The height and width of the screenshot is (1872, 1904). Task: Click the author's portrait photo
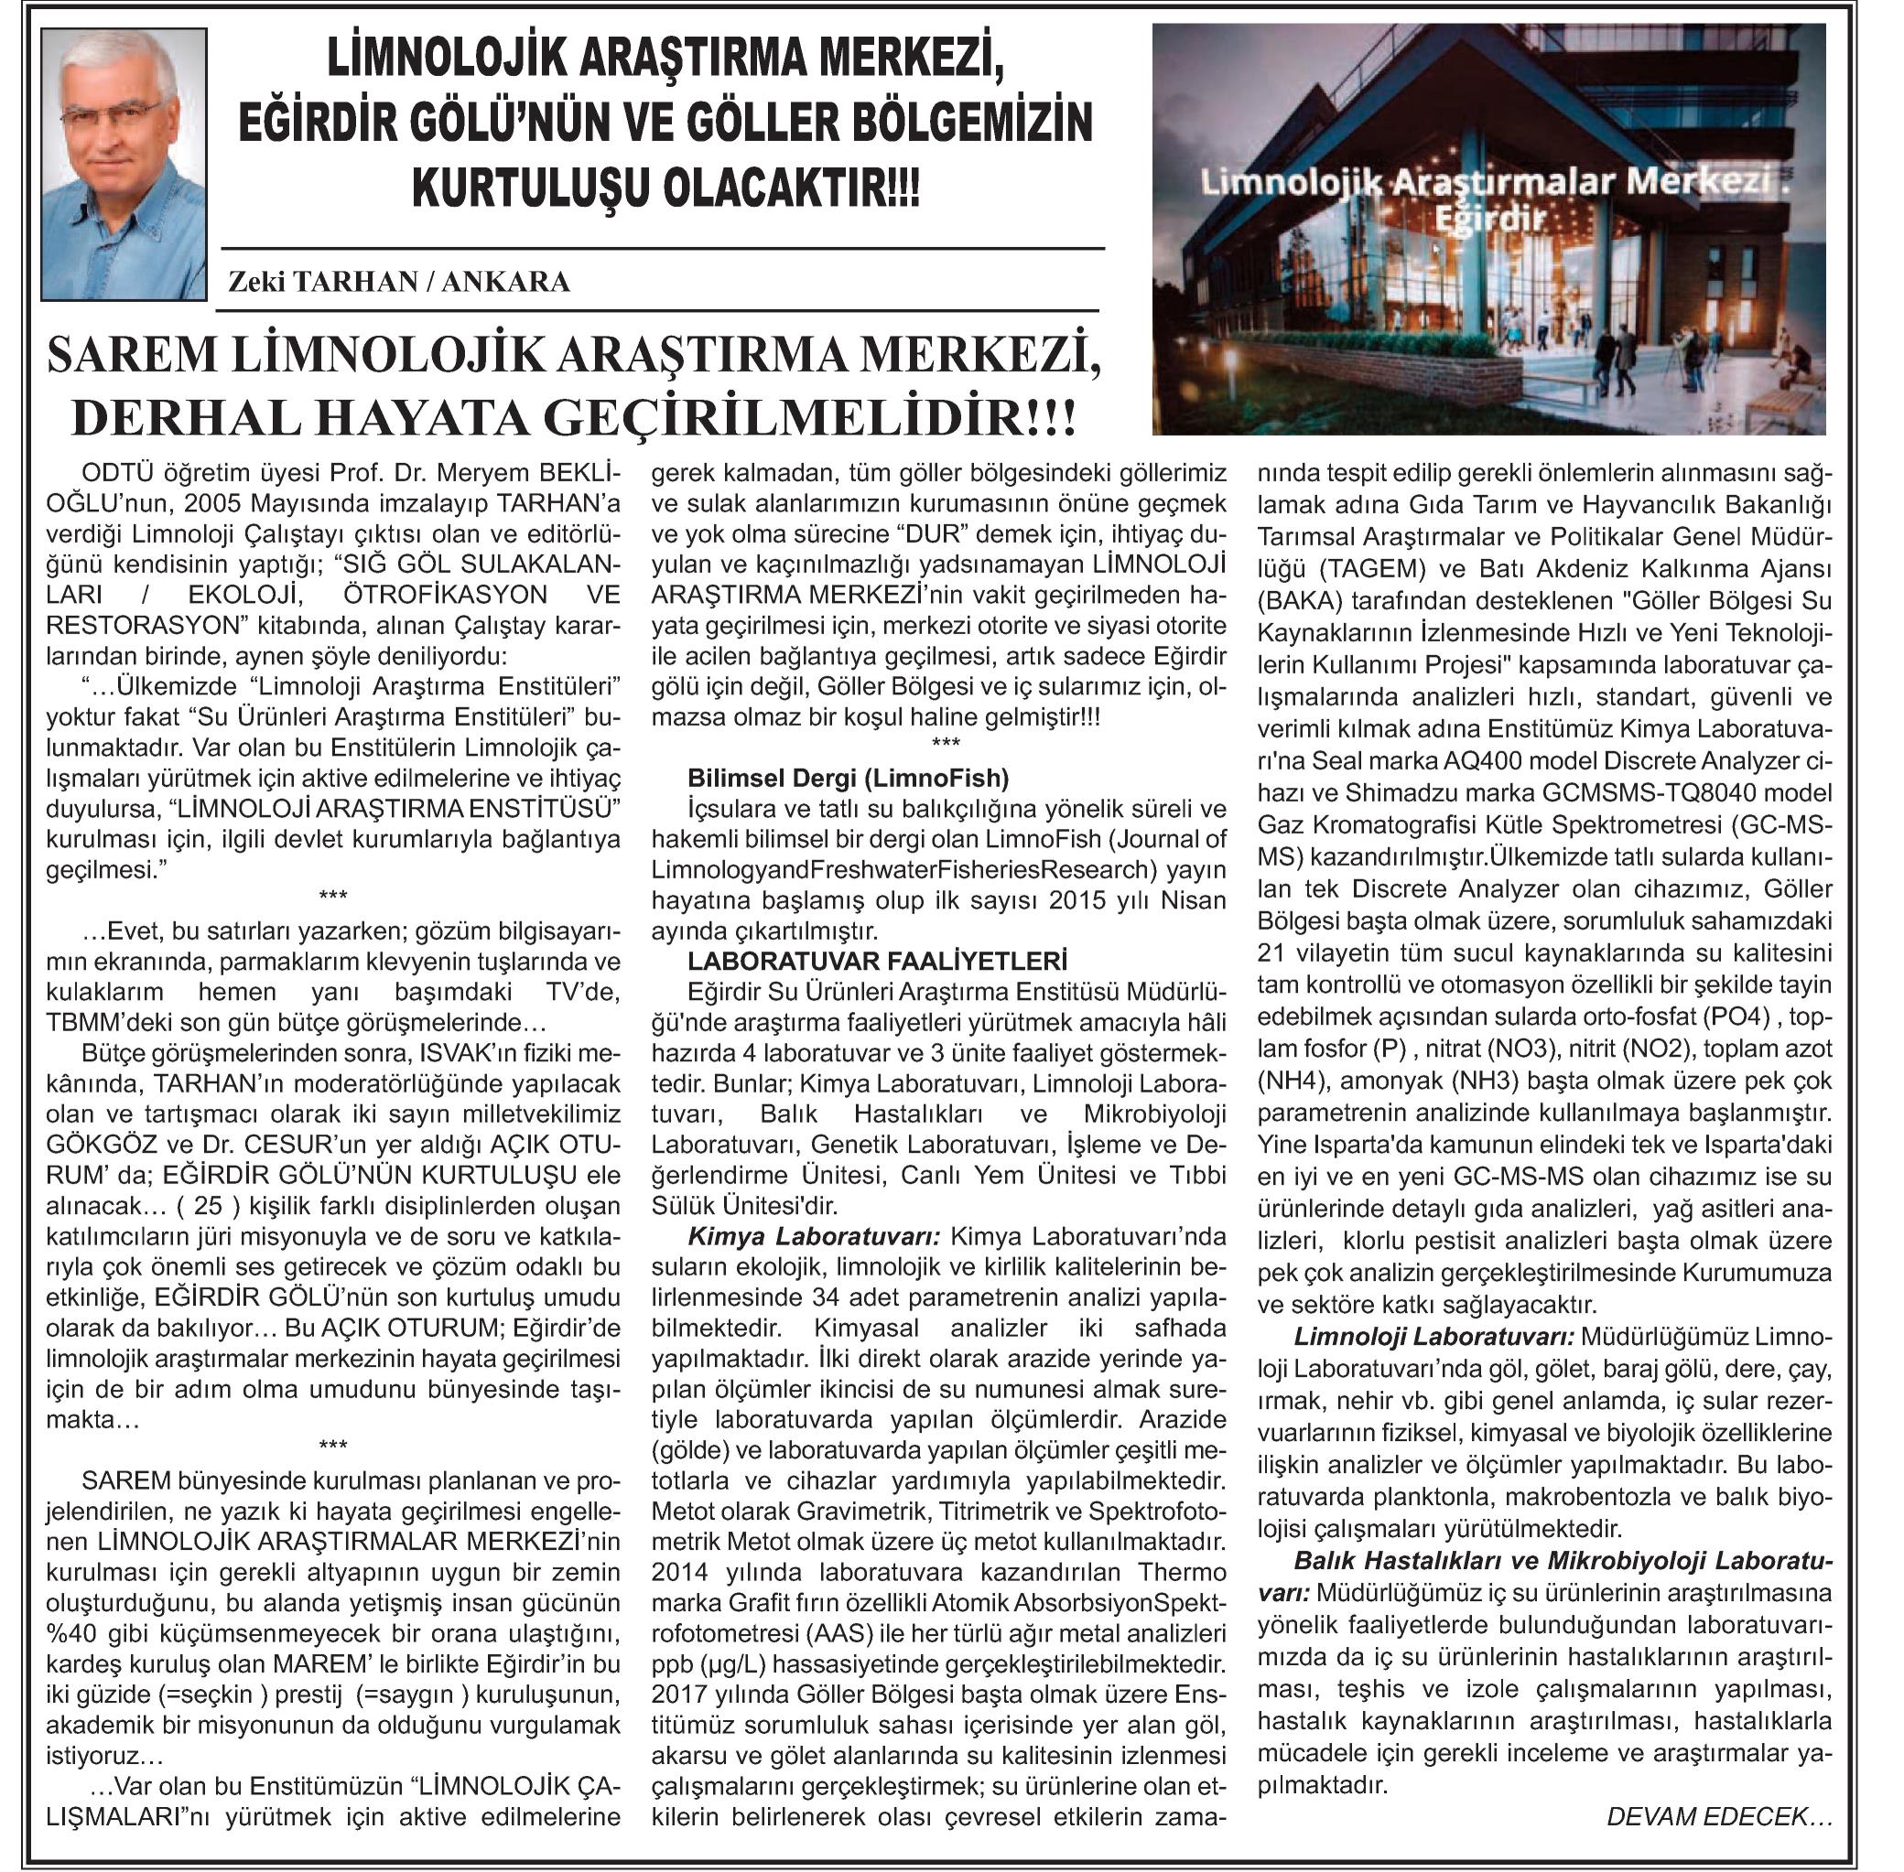pos(124,163)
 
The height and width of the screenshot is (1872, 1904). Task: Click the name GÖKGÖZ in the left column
pos(93,1145)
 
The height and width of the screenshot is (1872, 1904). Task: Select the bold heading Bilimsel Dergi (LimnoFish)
pos(848,779)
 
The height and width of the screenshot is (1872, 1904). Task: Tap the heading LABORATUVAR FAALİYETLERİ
pos(877,961)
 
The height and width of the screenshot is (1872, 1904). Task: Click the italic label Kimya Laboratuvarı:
pos(815,1235)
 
